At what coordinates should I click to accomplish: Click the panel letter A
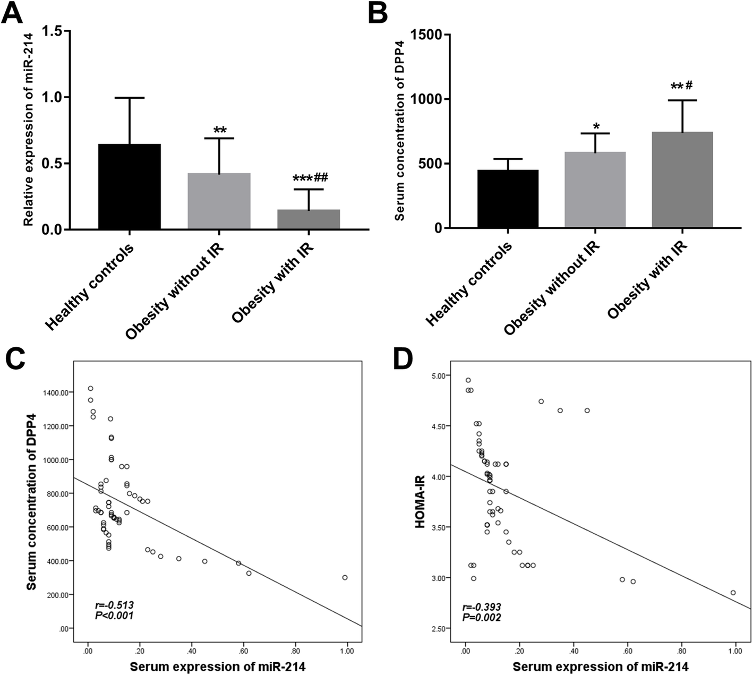(x=13, y=13)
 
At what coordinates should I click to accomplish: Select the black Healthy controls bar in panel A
(x=130, y=186)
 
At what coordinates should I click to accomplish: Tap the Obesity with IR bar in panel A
(x=309, y=219)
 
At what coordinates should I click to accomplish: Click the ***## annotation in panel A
(x=309, y=178)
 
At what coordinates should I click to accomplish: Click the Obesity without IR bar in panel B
(x=595, y=190)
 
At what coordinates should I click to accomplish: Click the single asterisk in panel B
(x=597, y=127)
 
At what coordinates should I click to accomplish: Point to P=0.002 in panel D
(x=482, y=617)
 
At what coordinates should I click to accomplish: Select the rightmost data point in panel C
(x=345, y=577)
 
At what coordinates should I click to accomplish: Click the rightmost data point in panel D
(x=733, y=593)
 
